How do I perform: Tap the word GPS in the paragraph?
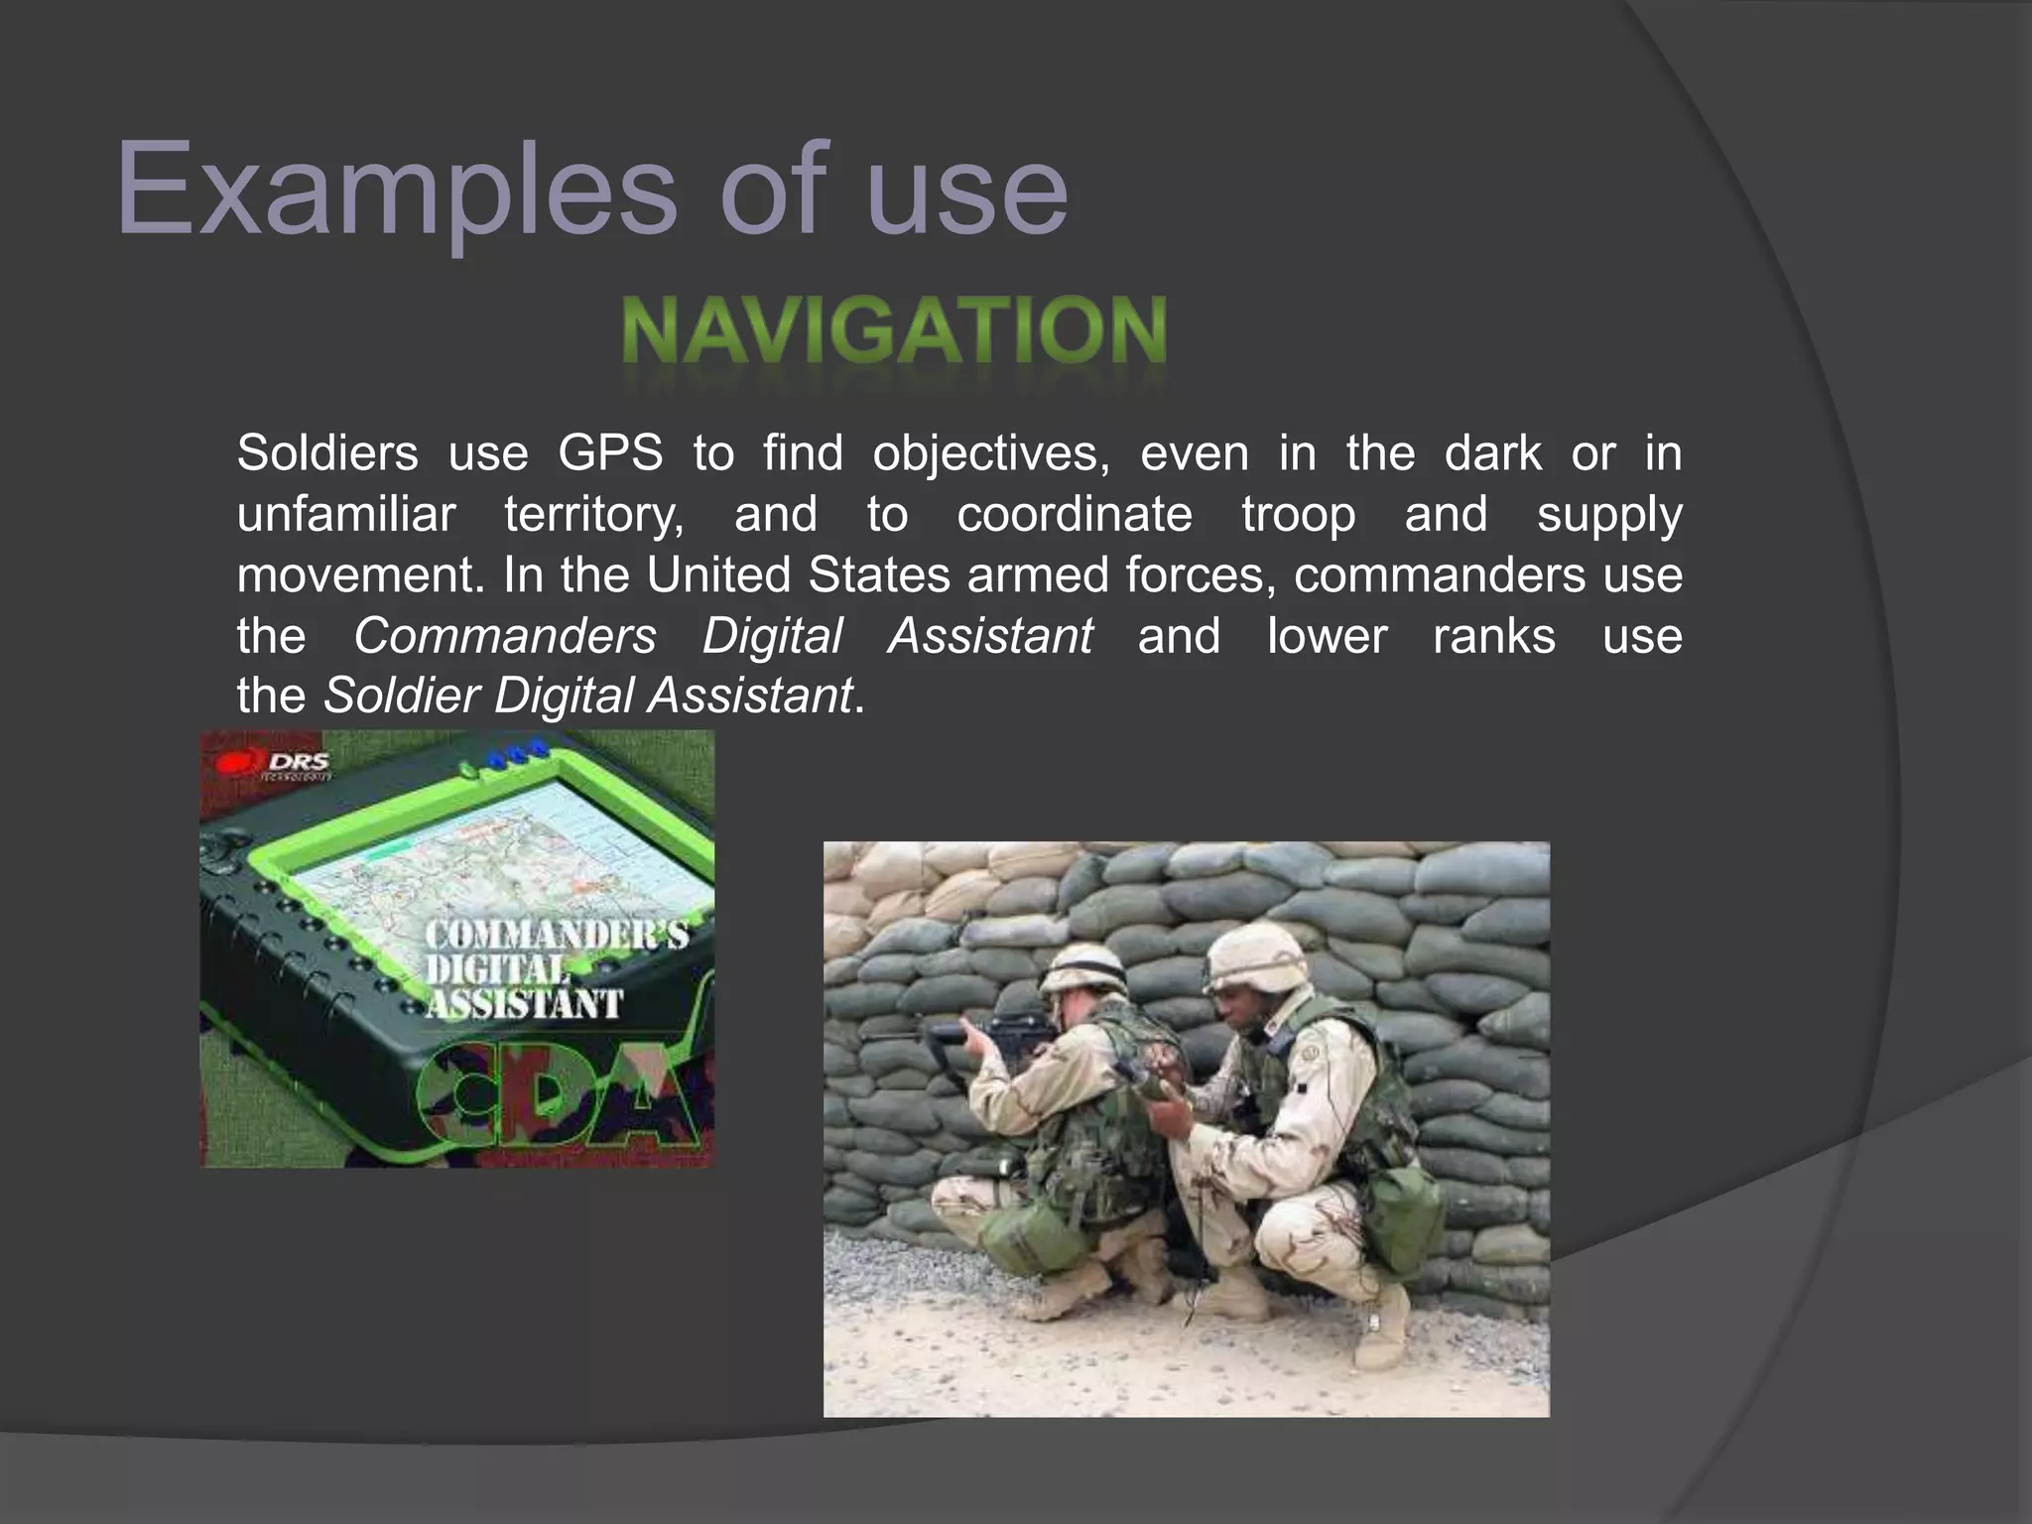(x=609, y=454)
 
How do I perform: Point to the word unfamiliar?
(x=345, y=515)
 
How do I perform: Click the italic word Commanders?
(x=504, y=636)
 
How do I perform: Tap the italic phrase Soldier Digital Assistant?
(x=587, y=696)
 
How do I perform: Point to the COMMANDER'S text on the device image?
(x=556, y=935)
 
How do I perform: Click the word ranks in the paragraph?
(x=1493, y=636)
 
